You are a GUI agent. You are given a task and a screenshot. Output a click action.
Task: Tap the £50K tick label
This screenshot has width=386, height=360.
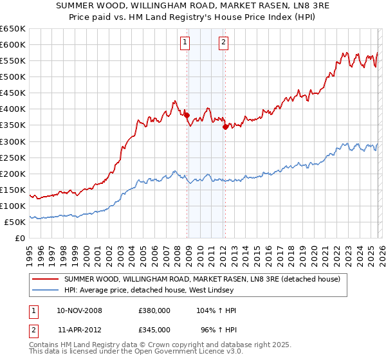[x=15, y=222]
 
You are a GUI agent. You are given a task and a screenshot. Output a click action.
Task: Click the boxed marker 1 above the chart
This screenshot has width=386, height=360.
[x=185, y=43]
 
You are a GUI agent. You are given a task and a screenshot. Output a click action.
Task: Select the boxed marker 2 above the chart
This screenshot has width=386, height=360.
[x=223, y=43]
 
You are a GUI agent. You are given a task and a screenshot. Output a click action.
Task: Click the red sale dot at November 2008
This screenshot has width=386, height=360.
[x=187, y=115]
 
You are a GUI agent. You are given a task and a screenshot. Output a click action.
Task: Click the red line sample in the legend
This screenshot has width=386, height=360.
[x=45, y=280]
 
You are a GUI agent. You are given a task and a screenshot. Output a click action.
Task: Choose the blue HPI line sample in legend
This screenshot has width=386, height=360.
[x=45, y=291]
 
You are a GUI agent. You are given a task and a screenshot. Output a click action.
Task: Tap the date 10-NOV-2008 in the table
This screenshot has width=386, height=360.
[x=80, y=310]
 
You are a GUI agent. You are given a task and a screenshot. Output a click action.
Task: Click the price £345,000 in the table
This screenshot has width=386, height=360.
[x=154, y=328]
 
